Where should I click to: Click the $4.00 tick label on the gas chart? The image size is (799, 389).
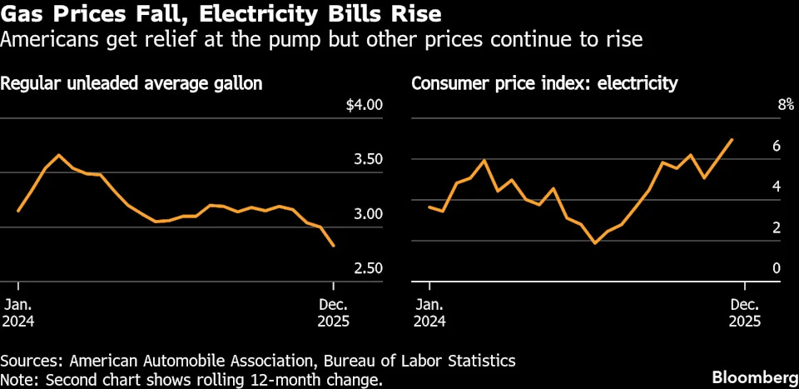pyautogui.click(x=365, y=105)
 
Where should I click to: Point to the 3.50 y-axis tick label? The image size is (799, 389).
pyautogui.click(x=367, y=159)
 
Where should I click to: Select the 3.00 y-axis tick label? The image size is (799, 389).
pyautogui.click(x=367, y=213)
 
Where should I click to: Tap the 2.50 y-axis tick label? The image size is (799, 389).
pyautogui.click(x=367, y=268)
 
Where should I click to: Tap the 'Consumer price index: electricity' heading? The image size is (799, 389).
pyautogui.click(x=544, y=83)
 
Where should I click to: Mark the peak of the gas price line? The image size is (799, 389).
pyautogui.click(x=58, y=155)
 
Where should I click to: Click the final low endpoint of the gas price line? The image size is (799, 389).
pyautogui.click(x=334, y=246)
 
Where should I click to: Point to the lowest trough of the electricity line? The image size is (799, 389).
pyautogui.click(x=594, y=243)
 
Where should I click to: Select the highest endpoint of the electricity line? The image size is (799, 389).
pyautogui.click(x=732, y=139)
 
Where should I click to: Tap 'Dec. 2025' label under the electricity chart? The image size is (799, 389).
pyautogui.click(x=746, y=312)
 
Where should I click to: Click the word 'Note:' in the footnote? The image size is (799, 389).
pyautogui.click(x=19, y=381)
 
